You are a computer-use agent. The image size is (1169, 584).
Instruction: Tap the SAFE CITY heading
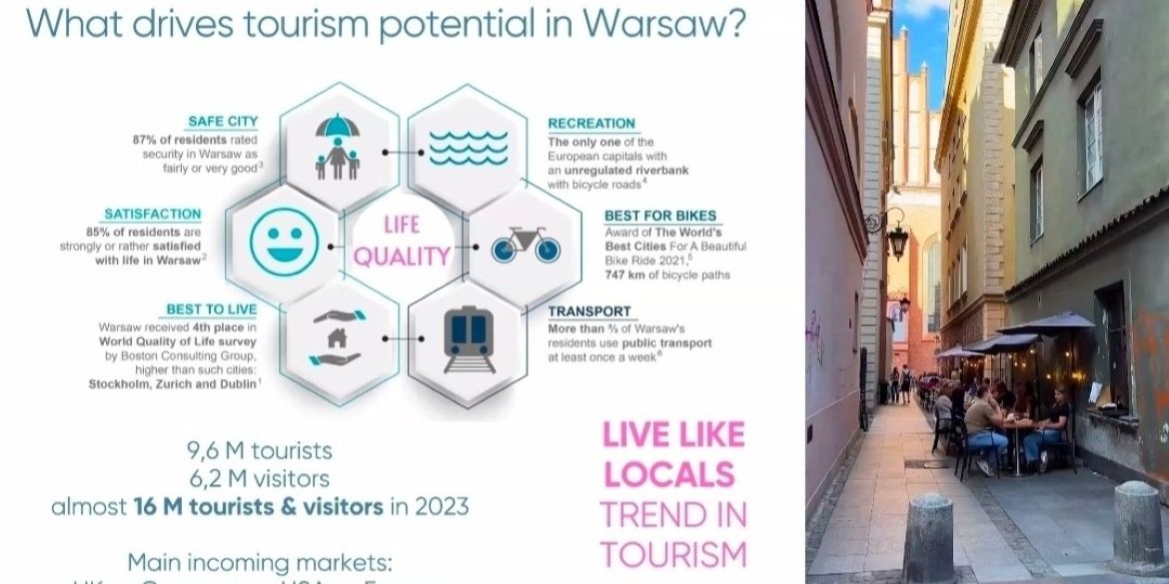click(223, 122)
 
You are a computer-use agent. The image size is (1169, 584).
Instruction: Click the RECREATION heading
click(591, 124)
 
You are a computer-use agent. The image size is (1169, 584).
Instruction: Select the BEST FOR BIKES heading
click(660, 216)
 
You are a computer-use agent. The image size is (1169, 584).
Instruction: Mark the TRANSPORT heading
click(589, 311)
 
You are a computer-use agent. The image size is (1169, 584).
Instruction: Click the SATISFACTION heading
click(153, 214)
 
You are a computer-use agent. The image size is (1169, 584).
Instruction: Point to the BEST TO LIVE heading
click(212, 309)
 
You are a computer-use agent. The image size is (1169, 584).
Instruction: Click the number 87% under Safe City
click(146, 140)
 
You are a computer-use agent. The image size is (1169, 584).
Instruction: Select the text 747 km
click(570, 276)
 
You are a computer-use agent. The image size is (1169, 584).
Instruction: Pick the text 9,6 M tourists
click(260, 452)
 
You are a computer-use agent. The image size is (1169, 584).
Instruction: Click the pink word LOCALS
click(668, 474)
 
